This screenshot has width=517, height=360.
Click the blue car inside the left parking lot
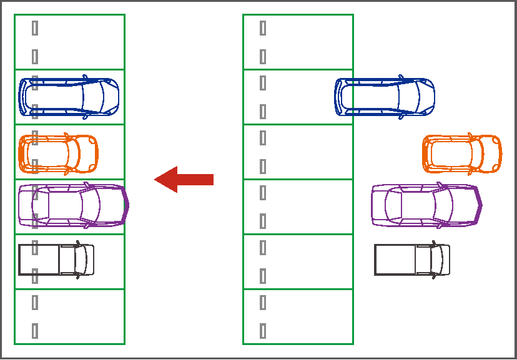69,97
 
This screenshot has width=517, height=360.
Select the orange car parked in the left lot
58,153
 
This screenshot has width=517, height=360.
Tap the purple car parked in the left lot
72,205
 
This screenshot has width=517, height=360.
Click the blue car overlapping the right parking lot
385,97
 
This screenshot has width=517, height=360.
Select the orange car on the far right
462,153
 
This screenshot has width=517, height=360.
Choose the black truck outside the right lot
411,260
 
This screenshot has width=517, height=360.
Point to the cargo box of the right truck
395,260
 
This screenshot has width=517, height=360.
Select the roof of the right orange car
453,153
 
